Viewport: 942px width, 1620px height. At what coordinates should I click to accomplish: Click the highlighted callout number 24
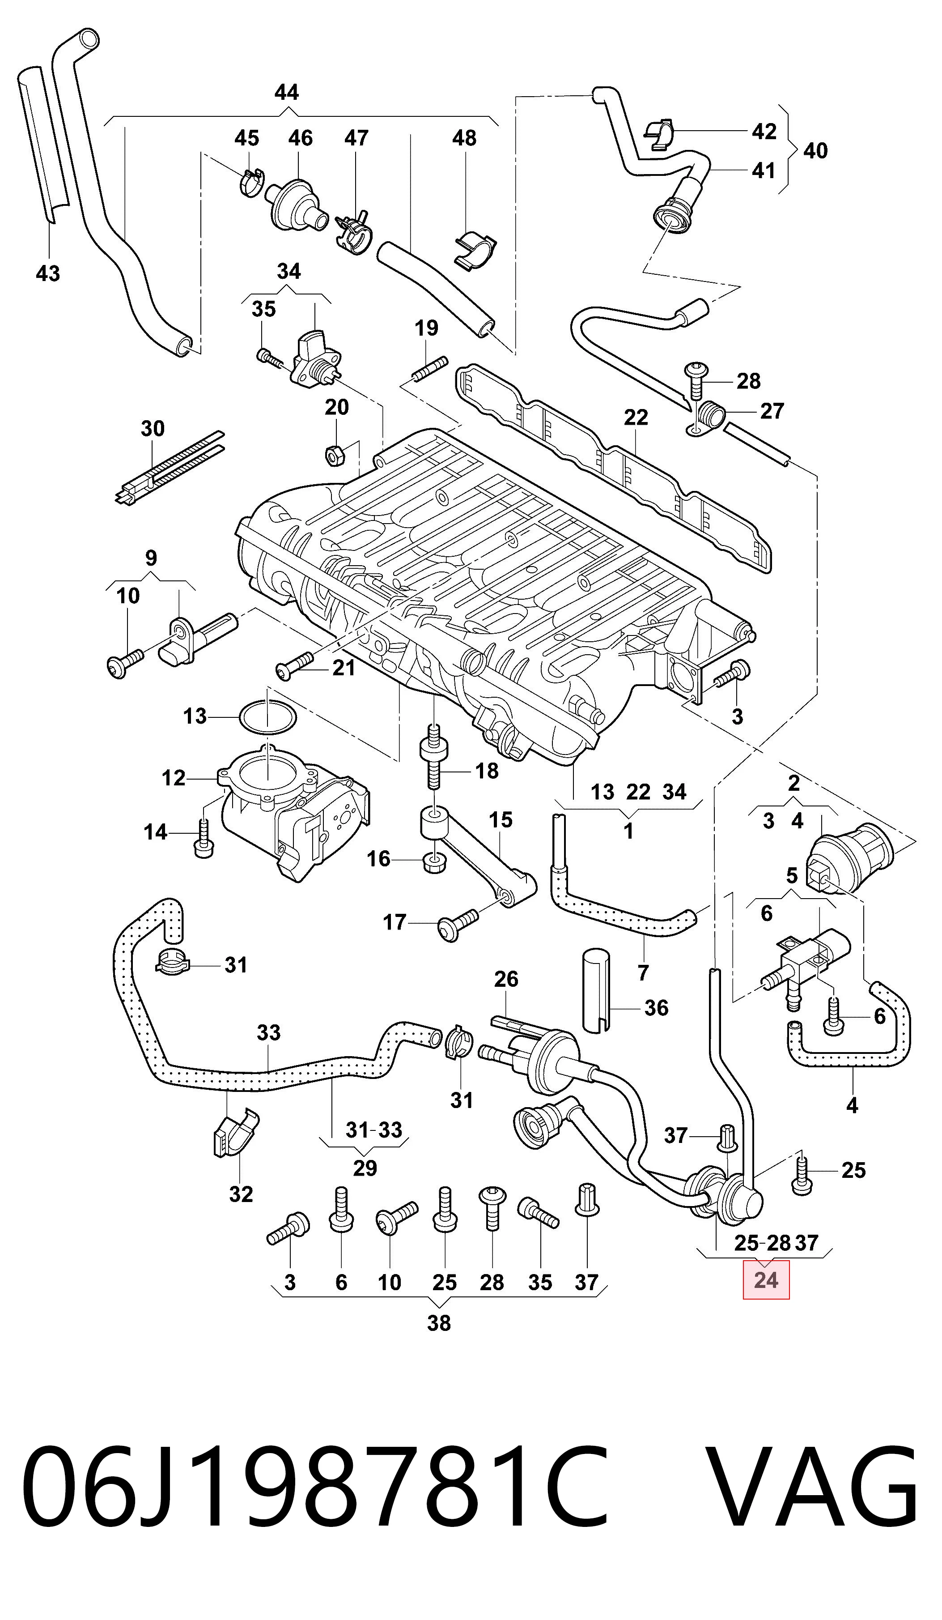coord(766,1279)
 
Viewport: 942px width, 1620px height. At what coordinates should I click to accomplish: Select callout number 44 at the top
coord(287,93)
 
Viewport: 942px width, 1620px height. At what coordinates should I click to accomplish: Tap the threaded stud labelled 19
coord(427,371)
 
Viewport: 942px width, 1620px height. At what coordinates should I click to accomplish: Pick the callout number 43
coord(47,273)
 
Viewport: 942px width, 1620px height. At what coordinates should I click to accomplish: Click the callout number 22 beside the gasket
coord(636,418)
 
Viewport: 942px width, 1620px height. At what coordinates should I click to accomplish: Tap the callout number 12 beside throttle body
coord(174,778)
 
